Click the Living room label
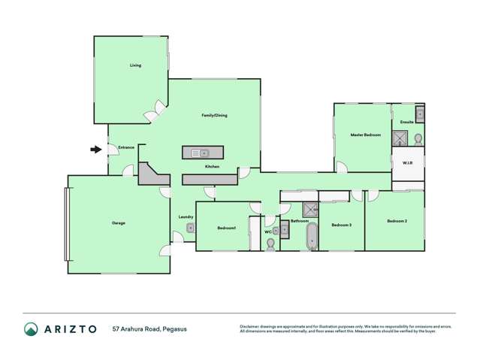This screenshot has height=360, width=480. (135, 65)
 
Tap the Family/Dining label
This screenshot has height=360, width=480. (214, 115)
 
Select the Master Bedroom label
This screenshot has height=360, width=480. (366, 135)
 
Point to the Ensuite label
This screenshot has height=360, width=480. (406, 122)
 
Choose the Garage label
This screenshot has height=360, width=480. (119, 222)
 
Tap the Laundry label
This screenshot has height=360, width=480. (186, 217)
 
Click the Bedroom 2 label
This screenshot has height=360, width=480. (397, 221)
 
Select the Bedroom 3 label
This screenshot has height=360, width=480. (342, 224)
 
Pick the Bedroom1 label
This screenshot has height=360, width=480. (227, 228)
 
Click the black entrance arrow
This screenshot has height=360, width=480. (95, 150)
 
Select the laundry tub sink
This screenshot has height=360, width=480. (191, 228)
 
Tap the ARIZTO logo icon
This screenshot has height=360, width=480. (31, 329)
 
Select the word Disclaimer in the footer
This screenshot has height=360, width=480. (250, 326)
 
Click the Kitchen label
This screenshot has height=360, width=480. (213, 166)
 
